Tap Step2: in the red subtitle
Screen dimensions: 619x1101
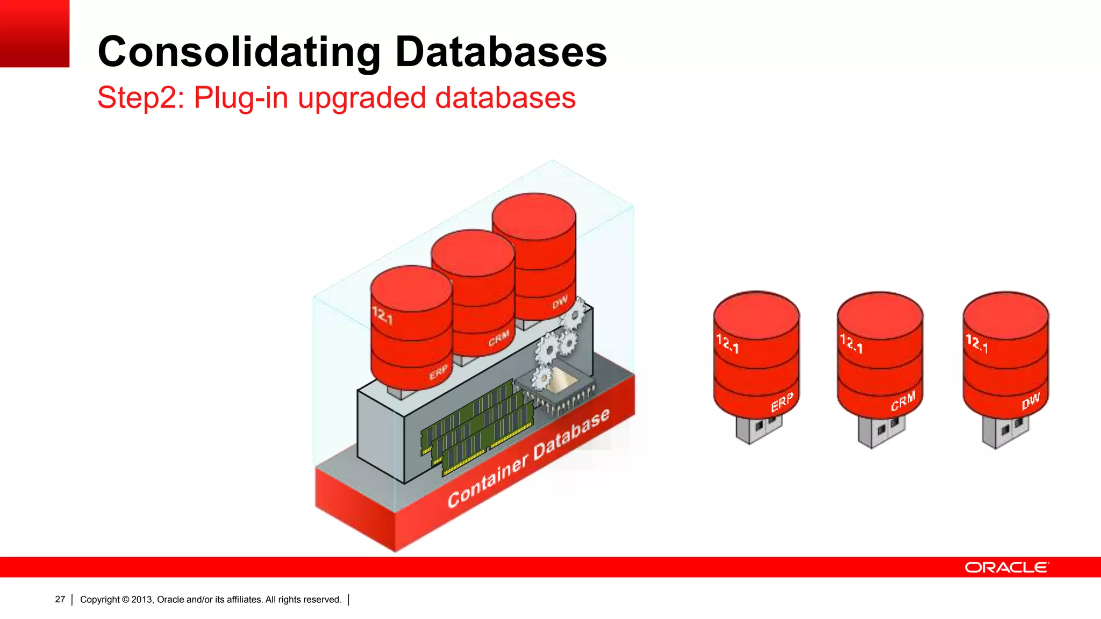[x=141, y=98]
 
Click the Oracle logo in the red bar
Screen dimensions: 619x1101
[x=1006, y=567]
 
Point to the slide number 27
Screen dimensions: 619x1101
[x=60, y=599]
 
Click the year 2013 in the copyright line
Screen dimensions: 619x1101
[x=142, y=600]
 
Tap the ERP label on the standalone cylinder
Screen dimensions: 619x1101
[x=782, y=402]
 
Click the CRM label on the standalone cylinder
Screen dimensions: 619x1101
[x=903, y=401]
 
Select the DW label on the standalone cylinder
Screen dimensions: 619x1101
[x=1031, y=401]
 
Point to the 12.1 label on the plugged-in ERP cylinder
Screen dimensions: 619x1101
[x=382, y=315]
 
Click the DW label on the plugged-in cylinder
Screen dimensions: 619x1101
[x=560, y=303]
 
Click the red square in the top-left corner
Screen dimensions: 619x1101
[x=34, y=33]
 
